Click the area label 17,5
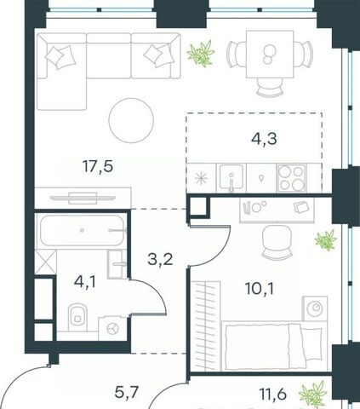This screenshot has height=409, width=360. click(x=98, y=166)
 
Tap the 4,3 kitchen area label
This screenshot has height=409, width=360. click(x=264, y=139)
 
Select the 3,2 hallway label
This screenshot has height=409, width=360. click(x=160, y=259)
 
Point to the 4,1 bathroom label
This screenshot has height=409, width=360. click(x=85, y=282)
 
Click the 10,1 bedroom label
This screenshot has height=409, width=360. click(x=260, y=289)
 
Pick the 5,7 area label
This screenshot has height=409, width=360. click(x=127, y=393)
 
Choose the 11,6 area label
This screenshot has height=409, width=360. click(x=272, y=394)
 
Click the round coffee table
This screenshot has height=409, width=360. click(x=131, y=120)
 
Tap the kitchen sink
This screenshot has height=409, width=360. click(x=231, y=178)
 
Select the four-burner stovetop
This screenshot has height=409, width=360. click(x=292, y=178)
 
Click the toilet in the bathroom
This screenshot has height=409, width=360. click(x=77, y=317)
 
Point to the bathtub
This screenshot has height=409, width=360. click(x=83, y=230)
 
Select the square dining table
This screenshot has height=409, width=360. click(x=270, y=54)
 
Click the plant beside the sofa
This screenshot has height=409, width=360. click(x=201, y=54)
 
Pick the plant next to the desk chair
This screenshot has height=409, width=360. click(x=326, y=240)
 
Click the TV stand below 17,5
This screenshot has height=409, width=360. click(x=83, y=198)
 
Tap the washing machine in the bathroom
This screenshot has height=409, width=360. click(x=112, y=328)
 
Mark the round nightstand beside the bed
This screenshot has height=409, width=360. click(x=315, y=308)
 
